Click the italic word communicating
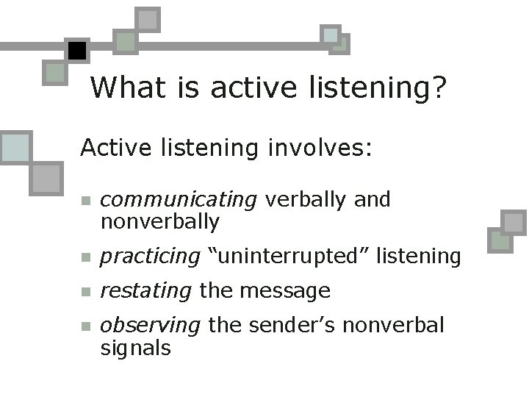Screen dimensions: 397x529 point(179,200)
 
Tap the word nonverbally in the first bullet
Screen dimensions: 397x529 point(159,221)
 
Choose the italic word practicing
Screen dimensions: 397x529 point(150,257)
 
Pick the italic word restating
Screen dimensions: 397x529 point(145,291)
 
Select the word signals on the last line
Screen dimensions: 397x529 point(135,347)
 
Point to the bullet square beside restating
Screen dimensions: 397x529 point(85,293)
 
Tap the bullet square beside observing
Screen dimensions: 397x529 point(85,327)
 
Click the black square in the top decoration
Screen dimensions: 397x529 point(76,50)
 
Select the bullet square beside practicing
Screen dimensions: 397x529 point(85,258)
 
